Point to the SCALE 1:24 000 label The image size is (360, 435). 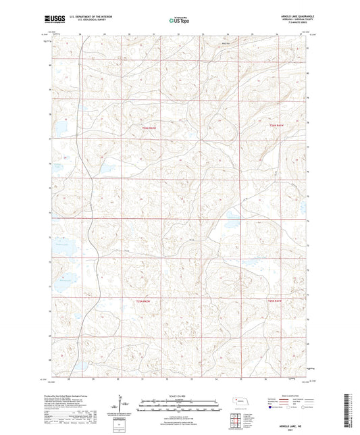179,396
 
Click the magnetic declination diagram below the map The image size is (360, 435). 126,407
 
